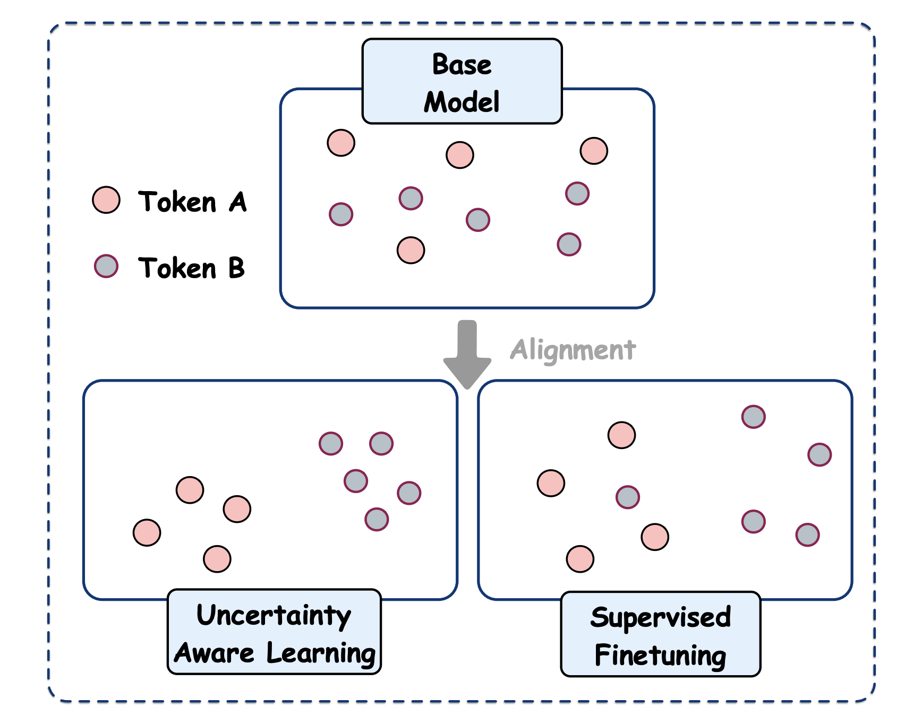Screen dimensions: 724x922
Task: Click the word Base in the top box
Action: click(x=462, y=65)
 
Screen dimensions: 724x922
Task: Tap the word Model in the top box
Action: click(x=462, y=102)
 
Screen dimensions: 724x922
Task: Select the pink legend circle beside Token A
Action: click(x=106, y=200)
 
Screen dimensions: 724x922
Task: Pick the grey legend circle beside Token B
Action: click(x=106, y=266)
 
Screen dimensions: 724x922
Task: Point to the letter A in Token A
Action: click(x=238, y=202)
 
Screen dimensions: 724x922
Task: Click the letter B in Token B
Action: click(x=236, y=268)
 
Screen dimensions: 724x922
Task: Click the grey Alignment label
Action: click(x=573, y=350)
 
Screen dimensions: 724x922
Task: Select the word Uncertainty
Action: click(x=274, y=616)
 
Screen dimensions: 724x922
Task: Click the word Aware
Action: click(x=214, y=653)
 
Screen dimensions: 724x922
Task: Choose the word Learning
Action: click(x=321, y=653)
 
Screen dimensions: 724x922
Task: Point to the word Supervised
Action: click(x=660, y=617)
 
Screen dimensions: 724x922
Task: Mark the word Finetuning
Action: click(x=660, y=655)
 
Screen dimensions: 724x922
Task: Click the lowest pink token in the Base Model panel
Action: click(x=411, y=250)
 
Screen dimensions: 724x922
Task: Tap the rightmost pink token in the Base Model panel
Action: click(x=594, y=151)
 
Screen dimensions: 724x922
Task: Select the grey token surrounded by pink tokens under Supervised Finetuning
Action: click(x=628, y=497)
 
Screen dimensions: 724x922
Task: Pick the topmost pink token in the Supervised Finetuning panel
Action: click(x=621, y=435)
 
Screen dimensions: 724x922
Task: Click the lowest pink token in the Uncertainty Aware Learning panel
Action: click(x=217, y=559)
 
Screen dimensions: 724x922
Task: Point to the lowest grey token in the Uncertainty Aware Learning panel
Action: click(x=377, y=519)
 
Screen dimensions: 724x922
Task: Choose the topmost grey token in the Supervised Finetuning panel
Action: click(x=753, y=417)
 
